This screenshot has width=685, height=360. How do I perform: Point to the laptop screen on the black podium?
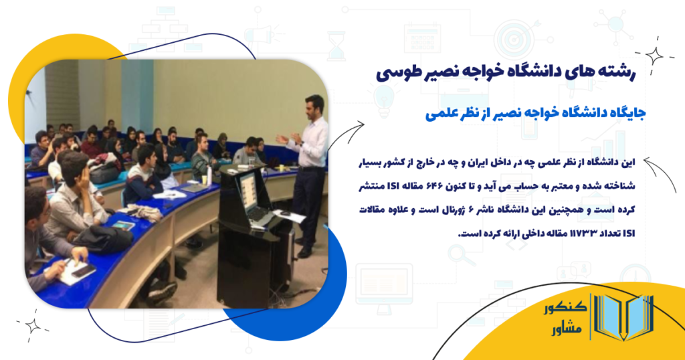(x=248, y=191)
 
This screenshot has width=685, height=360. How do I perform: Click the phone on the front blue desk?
(x=83, y=270)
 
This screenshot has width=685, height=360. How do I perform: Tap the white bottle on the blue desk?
(x=209, y=175)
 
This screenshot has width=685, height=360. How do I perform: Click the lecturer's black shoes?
(x=304, y=252)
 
